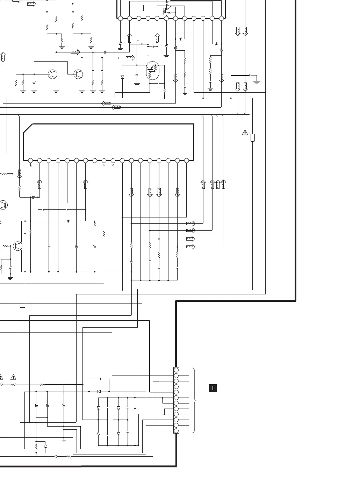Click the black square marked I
[x=213, y=388]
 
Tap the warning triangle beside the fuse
[x=245, y=133]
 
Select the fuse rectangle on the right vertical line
[x=253, y=138]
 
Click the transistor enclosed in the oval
[x=152, y=70]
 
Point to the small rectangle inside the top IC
[x=139, y=8]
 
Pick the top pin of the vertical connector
[x=176, y=370]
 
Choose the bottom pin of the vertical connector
[x=176, y=431]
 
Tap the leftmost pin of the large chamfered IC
[x=31, y=161]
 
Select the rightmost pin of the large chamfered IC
[x=186, y=161]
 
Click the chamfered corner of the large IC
[x=28, y=129]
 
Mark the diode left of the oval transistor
[x=122, y=77]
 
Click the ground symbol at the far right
[x=257, y=82]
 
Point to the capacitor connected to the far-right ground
[x=250, y=76]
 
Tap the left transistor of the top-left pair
[x=52, y=74]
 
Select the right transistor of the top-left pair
[x=78, y=74]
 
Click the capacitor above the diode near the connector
[x=100, y=379]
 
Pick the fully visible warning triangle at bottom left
[x=13, y=377]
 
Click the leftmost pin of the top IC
[x=120, y=19]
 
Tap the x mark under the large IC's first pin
[x=31, y=166]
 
